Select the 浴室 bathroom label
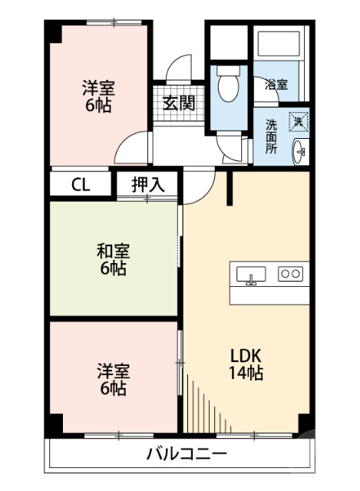[x=276, y=85]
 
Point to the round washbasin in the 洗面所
[x=299, y=151]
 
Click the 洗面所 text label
[x=272, y=136]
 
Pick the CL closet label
[x=81, y=184]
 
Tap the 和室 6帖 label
[x=112, y=259]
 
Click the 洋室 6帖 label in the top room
[x=98, y=97]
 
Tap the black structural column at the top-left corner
[x=54, y=33]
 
